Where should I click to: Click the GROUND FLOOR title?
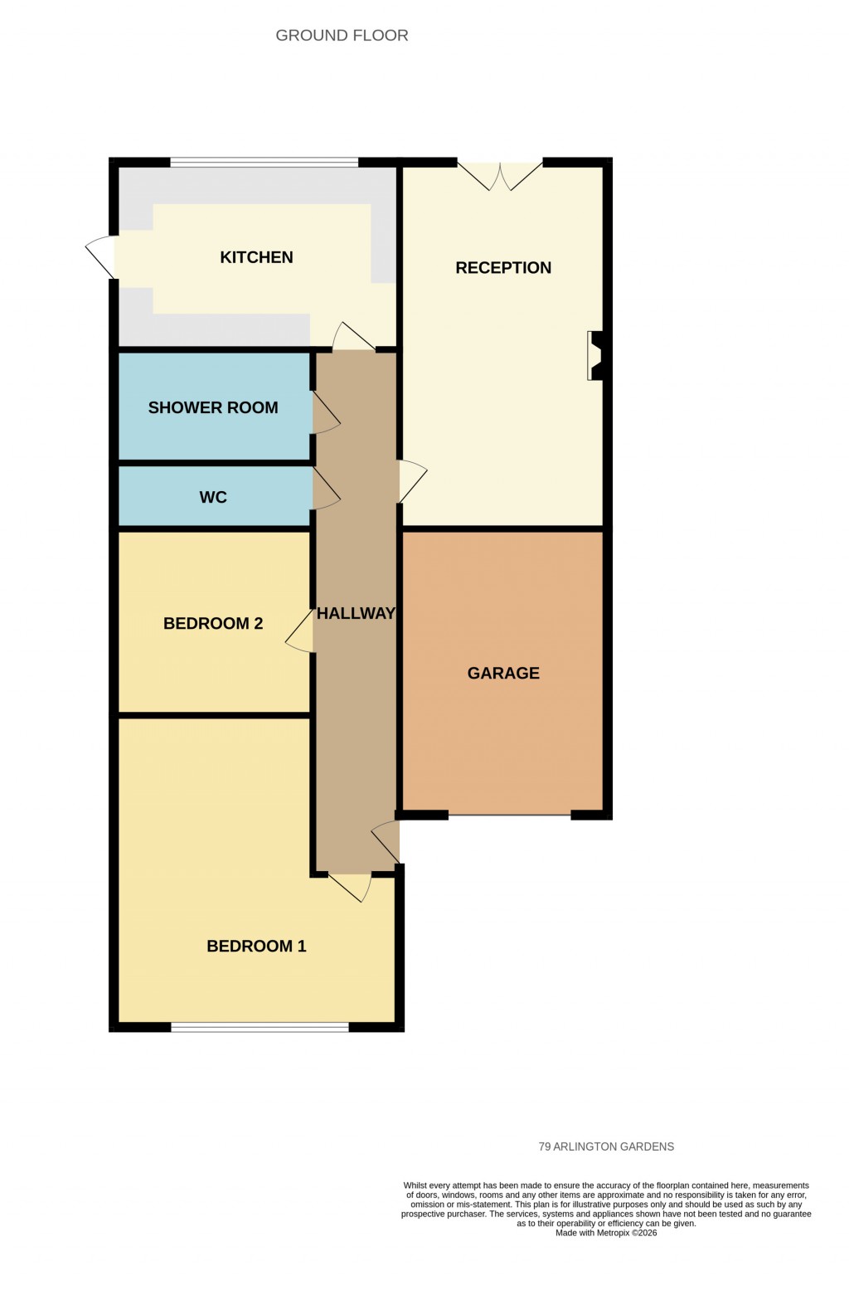pyautogui.click(x=342, y=36)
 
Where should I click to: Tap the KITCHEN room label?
pyautogui.click(x=256, y=257)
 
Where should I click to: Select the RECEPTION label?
pyautogui.click(x=503, y=268)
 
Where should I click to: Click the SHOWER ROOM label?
pyautogui.click(x=213, y=407)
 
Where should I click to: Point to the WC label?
pyautogui.click(x=213, y=498)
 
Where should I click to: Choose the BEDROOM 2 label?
pyautogui.click(x=213, y=624)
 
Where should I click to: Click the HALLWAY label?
pyautogui.click(x=356, y=614)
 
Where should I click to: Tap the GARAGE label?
pyautogui.click(x=503, y=674)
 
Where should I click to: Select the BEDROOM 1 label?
pyautogui.click(x=256, y=947)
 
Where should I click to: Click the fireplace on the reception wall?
pyautogui.click(x=596, y=356)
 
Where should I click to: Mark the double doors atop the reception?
pyautogui.click(x=500, y=173)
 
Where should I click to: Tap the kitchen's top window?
pyautogui.click(x=264, y=163)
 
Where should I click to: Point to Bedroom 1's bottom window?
pyautogui.click(x=260, y=1027)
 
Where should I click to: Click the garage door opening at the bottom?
pyautogui.click(x=509, y=816)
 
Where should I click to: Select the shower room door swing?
pyautogui.click(x=326, y=412)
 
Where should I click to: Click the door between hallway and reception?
pyautogui.click(x=412, y=481)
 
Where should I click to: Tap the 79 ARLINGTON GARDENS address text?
pyautogui.click(x=606, y=1147)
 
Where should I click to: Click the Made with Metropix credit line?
pyautogui.click(x=606, y=1233)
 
